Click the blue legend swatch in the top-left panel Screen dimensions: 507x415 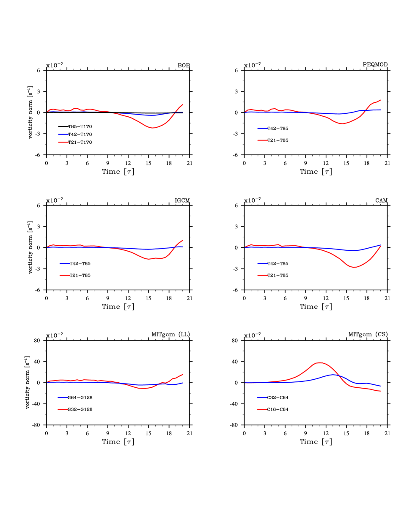coord(63,134)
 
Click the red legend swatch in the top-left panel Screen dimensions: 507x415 coord(63,143)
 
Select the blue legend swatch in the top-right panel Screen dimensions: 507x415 coord(262,128)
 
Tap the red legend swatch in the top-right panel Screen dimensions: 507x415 coord(262,140)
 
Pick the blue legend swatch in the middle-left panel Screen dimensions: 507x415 coord(65,263)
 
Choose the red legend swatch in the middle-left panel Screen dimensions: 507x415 coord(65,275)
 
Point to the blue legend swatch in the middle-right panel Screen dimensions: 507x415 coord(262,263)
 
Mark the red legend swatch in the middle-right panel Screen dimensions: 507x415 coord(262,275)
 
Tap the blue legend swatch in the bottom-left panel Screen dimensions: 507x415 coord(63,397)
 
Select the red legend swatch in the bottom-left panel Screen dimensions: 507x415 coord(63,409)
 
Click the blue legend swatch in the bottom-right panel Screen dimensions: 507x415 coord(262,397)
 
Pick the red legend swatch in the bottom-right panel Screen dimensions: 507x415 coord(262,409)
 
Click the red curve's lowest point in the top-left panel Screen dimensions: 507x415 coord(153,128)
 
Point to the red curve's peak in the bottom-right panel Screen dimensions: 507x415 coord(320,362)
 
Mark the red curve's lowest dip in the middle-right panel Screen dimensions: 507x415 coord(354,267)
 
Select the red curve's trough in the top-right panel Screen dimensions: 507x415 coord(342,124)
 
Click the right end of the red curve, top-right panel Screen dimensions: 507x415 coord(381,100)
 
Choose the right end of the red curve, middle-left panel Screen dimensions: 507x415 coord(183,241)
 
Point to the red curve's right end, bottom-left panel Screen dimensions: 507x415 coord(183,374)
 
